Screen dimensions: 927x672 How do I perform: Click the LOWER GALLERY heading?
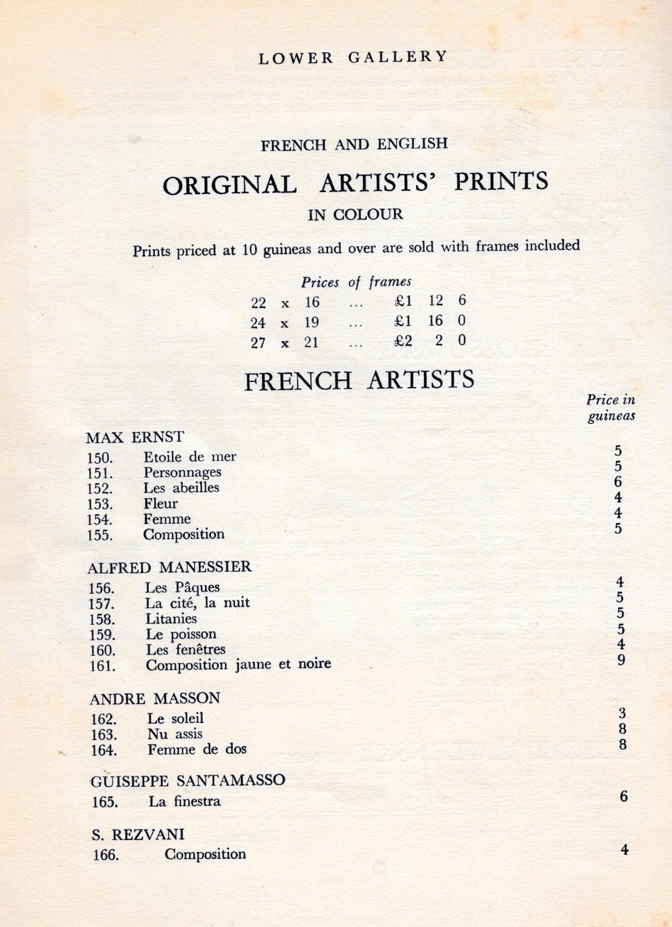353,57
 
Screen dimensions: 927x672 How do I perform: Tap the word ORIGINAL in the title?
229,185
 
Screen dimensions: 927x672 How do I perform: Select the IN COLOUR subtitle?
355,214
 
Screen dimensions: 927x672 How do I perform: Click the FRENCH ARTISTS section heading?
359,381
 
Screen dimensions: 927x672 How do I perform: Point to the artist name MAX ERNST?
135,437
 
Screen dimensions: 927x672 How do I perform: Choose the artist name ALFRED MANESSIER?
169,567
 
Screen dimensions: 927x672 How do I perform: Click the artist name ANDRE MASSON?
155,698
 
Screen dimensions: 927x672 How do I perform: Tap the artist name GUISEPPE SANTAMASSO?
188,781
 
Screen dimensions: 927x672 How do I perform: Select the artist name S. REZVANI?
138,834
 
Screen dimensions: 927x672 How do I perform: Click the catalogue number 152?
100,489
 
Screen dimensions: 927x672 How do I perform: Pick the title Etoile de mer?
190,457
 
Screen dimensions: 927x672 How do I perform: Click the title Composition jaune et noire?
239,664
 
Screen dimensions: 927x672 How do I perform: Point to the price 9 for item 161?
621,660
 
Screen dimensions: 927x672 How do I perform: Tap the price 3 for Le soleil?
622,713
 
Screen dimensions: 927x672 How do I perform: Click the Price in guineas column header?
611,408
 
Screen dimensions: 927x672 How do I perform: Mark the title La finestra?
184,801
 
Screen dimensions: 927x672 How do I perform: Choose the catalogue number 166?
105,855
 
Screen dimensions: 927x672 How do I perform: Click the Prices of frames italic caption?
356,282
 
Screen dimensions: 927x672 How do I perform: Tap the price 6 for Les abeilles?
618,482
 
